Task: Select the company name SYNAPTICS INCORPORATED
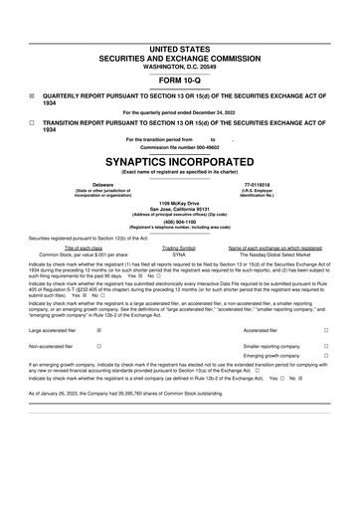click(180, 161)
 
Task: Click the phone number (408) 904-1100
click(180, 222)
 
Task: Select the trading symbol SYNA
click(179, 254)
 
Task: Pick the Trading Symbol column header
click(179, 248)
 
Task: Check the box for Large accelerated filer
click(98, 329)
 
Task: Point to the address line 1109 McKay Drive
click(180, 202)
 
